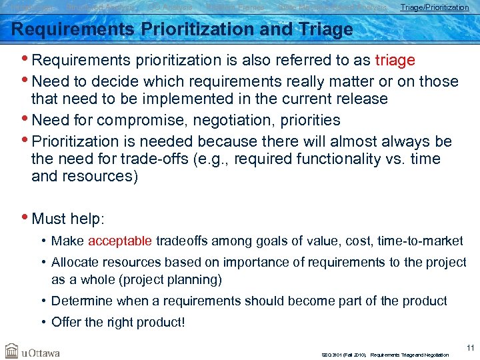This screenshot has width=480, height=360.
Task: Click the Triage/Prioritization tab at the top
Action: [x=434, y=7]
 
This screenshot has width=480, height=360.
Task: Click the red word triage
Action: [x=395, y=61]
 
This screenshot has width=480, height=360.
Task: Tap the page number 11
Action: [x=470, y=347]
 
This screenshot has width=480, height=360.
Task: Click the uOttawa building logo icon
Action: [x=12, y=351]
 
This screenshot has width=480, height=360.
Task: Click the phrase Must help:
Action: [x=69, y=219]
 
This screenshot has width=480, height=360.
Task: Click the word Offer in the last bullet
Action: [x=66, y=323]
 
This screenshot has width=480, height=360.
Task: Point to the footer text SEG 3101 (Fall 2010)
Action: [x=343, y=355]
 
